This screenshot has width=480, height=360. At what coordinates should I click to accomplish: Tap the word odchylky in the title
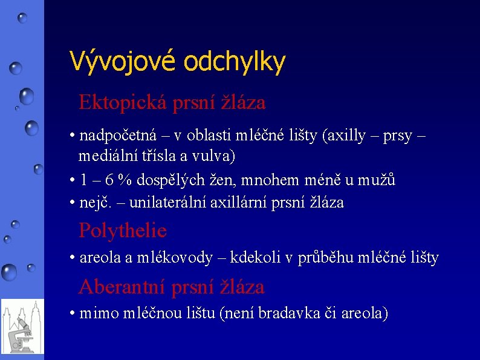(x=234, y=61)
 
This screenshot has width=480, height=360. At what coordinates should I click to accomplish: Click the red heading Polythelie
(x=123, y=231)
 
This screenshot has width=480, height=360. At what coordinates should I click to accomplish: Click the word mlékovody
(x=175, y=258)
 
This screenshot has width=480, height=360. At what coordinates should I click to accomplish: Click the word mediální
(x=103, y=155)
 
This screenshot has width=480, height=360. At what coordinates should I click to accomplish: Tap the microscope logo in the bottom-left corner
(x=22, y=326)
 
